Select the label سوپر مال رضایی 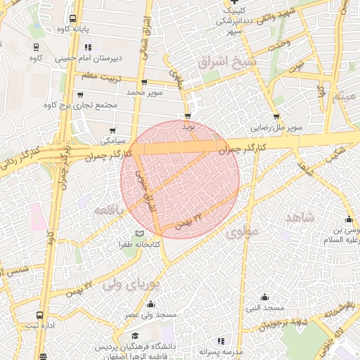(x=278, y=129)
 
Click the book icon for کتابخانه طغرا (x=139, y=234)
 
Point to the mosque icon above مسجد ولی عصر (x=150, y=304)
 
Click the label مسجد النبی (x=264, y=308)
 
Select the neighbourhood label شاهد (x=300, y=218)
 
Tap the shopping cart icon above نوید (x=188, y=116)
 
